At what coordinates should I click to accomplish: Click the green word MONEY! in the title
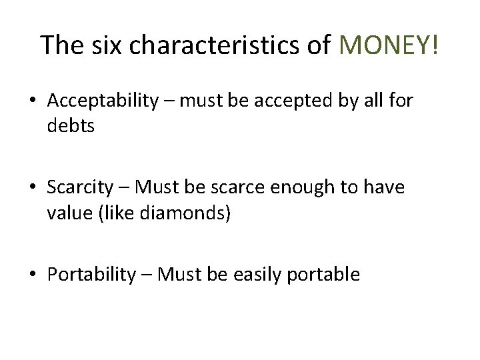(389, 45)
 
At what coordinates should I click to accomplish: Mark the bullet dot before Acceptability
(32, 102)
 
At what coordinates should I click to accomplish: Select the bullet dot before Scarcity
(32, 188)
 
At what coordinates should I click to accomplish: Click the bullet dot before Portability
(32, 275)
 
